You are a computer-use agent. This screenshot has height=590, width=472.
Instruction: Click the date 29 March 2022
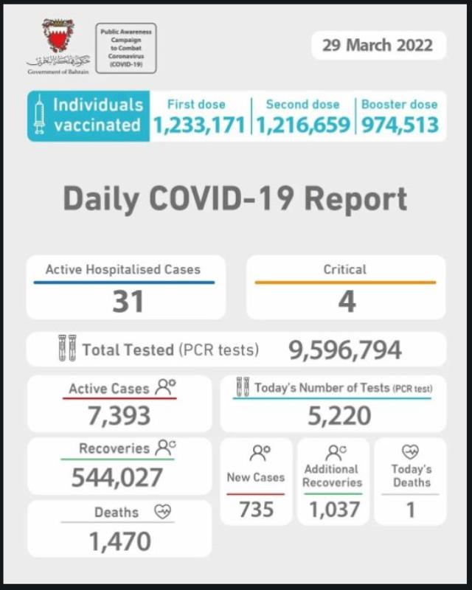[378, 46]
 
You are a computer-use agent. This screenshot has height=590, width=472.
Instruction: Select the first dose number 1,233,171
[198, 125]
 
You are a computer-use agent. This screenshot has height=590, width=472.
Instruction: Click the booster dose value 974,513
[400, 125]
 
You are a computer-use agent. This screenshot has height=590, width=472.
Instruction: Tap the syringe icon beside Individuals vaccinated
[40, 117]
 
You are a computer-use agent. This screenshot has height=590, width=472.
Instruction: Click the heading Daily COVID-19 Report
[235, 199]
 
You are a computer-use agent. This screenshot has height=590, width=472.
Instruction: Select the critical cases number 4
[345, 301]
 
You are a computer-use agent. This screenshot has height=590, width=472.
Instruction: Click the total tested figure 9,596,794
[345, 350]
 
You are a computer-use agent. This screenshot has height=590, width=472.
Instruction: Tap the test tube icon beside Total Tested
[67, 349]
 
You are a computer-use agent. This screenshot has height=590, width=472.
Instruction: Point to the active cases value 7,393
[119, 415]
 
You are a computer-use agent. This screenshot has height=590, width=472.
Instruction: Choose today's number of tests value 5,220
[340, 415]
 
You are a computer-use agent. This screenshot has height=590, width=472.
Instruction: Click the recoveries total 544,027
[117, 477]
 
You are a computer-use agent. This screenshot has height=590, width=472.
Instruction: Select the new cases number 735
[256, 508]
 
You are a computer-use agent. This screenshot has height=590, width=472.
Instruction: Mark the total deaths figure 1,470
[119, 541]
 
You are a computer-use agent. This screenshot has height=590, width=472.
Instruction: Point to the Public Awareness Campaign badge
[126, 48]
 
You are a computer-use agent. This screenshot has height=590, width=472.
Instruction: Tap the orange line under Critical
[345, 282]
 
